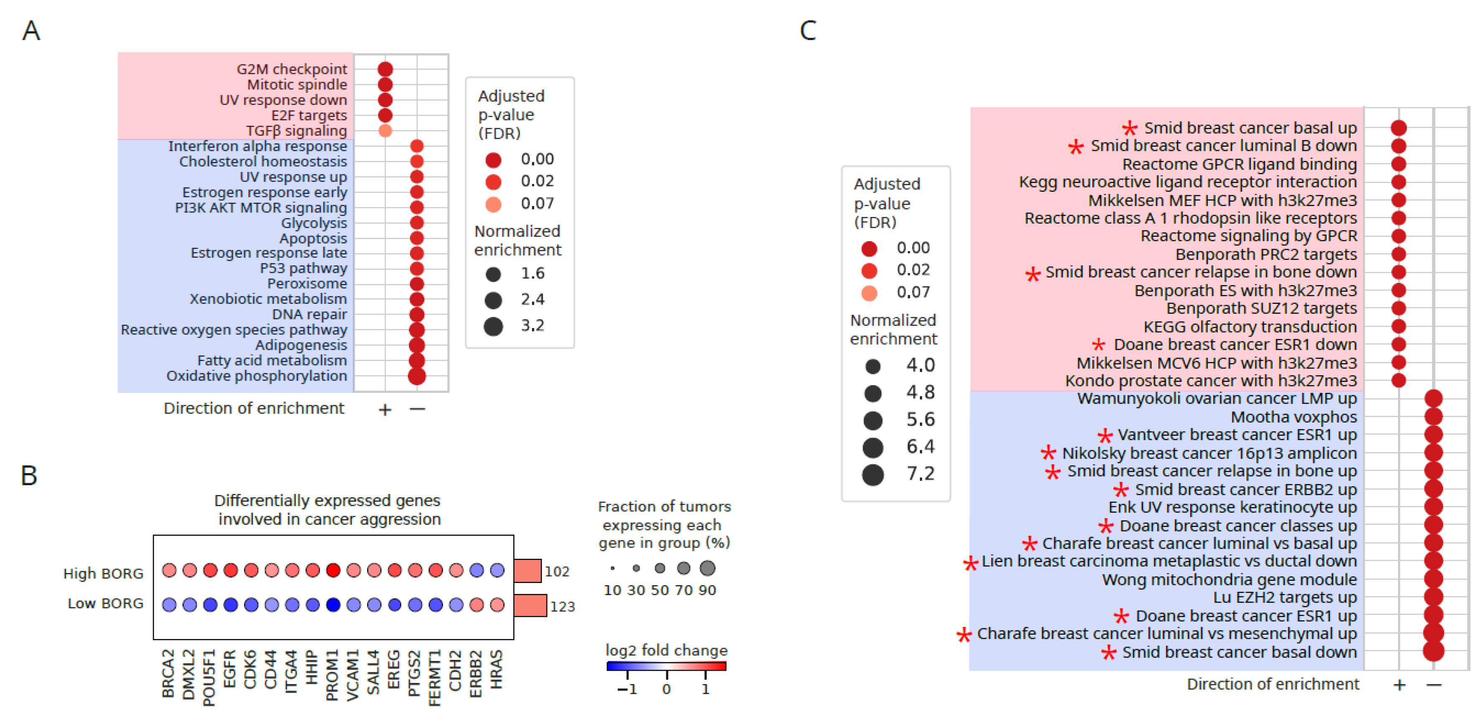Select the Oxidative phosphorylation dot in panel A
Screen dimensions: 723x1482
pos(417,376)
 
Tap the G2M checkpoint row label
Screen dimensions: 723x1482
pos(292,69)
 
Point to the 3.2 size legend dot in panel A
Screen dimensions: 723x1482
pos(493,326)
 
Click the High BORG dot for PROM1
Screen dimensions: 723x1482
pos(333,570)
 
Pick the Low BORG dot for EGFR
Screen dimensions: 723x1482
pos(231,604)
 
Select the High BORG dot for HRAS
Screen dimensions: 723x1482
pos(497,570)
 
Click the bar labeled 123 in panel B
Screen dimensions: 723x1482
pos(530,605)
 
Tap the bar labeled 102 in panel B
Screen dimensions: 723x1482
pos(527,570)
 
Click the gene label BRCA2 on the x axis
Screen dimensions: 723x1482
pos(168,673)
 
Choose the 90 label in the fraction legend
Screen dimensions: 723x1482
pos(707,590)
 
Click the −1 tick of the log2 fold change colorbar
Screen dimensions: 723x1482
pos(627,688)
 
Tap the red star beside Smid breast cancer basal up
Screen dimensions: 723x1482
pos(1129,128)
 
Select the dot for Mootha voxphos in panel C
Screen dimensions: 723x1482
pos(1433,416)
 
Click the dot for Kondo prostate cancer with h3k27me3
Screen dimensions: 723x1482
pos(1398,380)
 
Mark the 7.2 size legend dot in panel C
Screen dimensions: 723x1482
pos(873,474)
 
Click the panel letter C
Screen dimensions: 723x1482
pos(808,30)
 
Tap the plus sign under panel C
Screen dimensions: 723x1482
pos(1399,685)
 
